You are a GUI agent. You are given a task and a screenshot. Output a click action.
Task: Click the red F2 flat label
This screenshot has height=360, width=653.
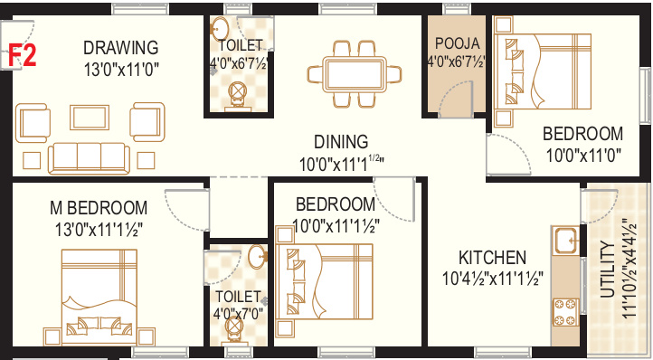23,55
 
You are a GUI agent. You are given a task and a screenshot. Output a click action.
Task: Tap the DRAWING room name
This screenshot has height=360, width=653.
121,47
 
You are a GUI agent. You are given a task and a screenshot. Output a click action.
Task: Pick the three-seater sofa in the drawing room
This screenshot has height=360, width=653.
87,158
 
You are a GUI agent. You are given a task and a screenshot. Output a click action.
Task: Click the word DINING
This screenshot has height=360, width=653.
341,142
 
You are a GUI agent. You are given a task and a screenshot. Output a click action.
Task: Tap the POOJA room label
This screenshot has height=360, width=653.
457,43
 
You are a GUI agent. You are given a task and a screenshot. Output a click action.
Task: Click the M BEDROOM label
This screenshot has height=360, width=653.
98,206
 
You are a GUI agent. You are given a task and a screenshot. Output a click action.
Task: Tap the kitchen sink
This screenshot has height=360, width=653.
567,241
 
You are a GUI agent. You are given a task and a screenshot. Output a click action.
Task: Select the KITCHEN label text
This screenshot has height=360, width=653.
491,256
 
